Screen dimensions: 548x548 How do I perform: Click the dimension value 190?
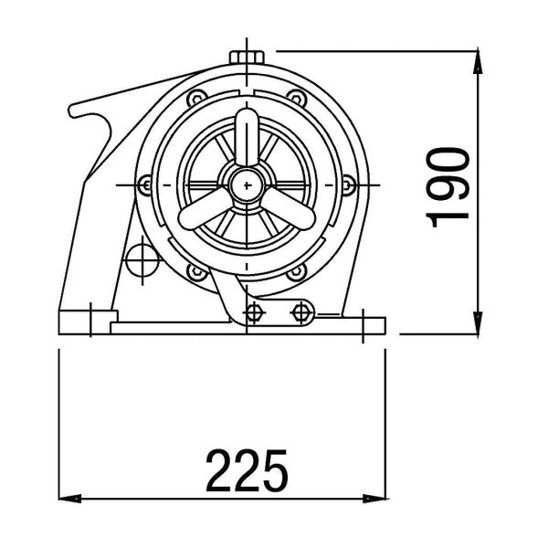click(449, 185)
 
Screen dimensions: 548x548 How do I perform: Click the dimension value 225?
click(247, 469)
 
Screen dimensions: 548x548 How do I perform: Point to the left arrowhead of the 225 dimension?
click(66, 499)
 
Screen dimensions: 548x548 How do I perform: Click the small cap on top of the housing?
click(247, 56)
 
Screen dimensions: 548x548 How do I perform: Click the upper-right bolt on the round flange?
click(295, 99)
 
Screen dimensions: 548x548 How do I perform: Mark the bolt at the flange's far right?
click(349, 185)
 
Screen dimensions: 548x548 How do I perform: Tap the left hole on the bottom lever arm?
click(255, 313)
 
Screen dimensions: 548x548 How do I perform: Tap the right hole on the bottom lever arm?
click(300, 313)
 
